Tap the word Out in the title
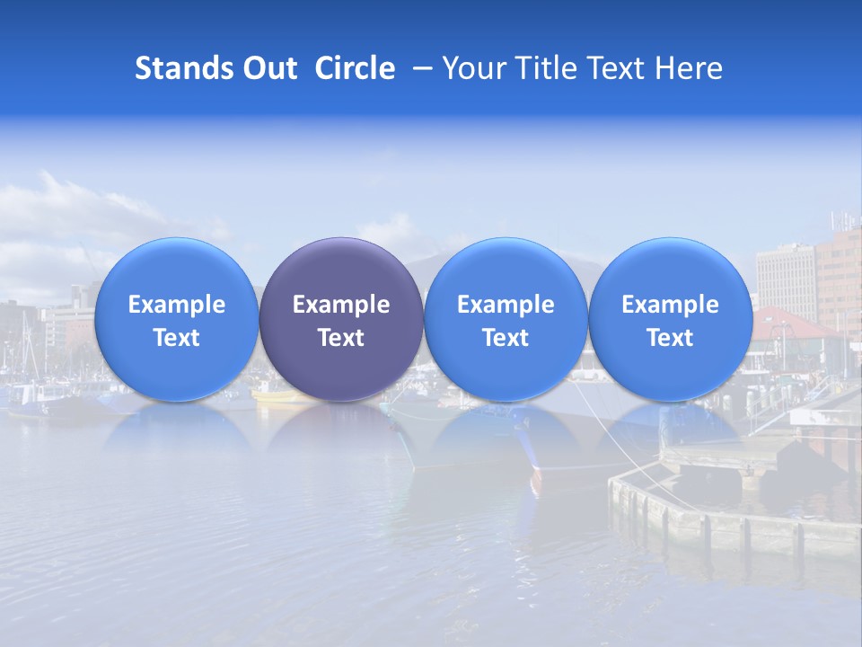pyautogui.click(x=268, y=68)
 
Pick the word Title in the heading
pyautogui.click(x=543, y=68)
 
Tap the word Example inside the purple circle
pyautogui.click(x=341, y=305)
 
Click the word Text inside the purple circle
pyautogui.click(x=341, y=338)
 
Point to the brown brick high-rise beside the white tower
pyautogui.click(x=839, y=270)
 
